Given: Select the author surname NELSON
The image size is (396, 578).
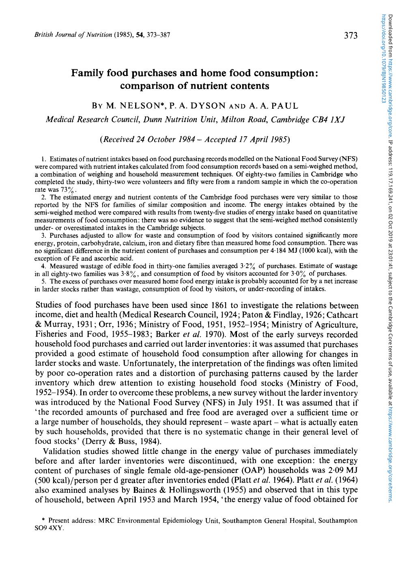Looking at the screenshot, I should pos(137,106).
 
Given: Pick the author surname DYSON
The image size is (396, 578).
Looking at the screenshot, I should pos(206,106).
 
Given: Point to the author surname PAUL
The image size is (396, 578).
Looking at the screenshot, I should pos(284,106).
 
